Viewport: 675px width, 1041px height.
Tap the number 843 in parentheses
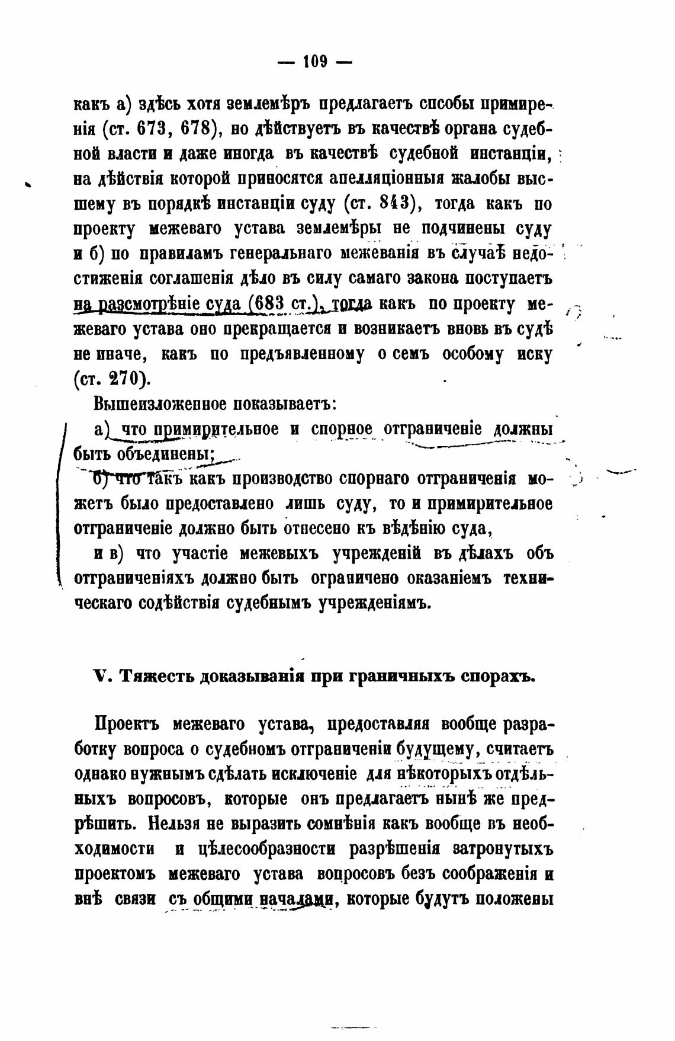click(393, 204)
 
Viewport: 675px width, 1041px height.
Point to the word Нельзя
click(181, 824)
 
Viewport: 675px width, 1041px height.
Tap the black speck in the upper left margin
click(29, 185)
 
